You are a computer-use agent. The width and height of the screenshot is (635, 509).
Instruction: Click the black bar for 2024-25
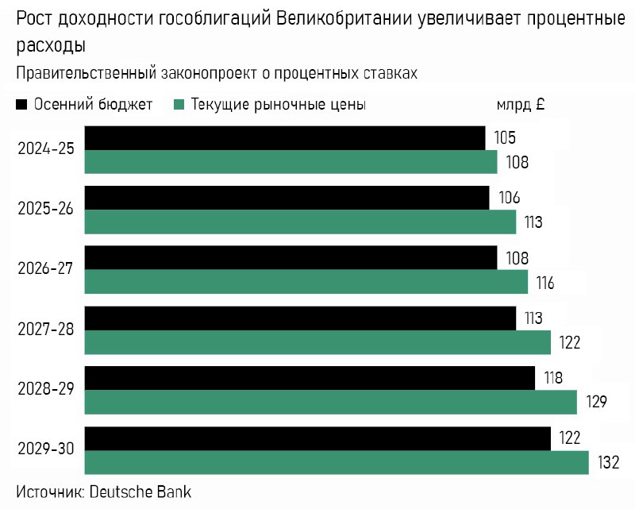pos(284,137)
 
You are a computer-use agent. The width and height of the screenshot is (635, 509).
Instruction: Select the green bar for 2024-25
pos(291,162)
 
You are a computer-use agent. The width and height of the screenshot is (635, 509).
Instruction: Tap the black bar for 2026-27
pos(291,257)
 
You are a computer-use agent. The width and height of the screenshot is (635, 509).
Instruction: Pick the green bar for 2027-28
pos(317,342)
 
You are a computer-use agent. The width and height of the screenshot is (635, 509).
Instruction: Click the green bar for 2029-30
pos(337,462)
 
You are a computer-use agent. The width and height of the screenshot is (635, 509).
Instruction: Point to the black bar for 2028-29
pos(310,378)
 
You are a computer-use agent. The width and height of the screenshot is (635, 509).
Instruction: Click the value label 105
pos(505,138)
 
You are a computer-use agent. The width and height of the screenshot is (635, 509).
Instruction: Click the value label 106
pos(509,198)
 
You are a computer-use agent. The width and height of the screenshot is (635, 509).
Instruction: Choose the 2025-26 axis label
pos(46,209)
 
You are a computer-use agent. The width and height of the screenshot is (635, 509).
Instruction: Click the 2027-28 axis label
pos(46,329)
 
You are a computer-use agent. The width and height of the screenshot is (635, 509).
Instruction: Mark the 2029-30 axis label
pos(46,449)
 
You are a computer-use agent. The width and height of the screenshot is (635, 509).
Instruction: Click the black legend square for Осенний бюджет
pos(22,104)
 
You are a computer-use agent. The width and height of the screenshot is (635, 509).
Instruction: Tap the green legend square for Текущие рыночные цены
pos(179,104)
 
